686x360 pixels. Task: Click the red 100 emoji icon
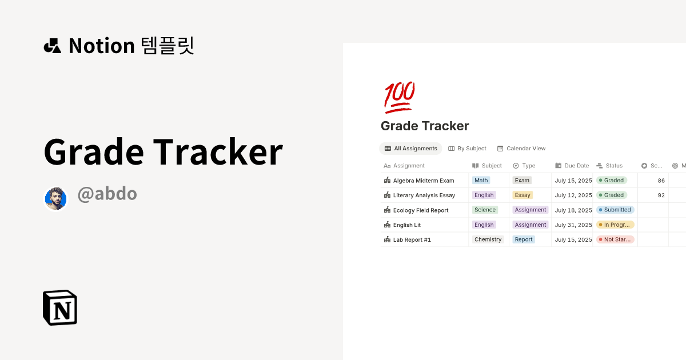point(399,97)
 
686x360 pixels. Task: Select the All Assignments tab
point(410,149)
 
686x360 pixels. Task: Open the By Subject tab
point(467,149)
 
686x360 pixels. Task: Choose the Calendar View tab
point(521,149)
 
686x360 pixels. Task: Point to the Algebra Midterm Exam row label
point(423,181)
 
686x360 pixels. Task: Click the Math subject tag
point(481,181)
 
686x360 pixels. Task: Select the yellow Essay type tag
point(523,195)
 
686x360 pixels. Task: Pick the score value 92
point(661,195)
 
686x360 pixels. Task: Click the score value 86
point(661,181)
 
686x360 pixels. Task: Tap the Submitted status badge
point(615,210)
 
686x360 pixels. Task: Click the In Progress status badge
point(615,225)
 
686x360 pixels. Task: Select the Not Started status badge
point(615,240)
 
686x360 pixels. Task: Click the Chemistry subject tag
point(488,240)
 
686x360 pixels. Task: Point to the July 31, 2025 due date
point(573,225)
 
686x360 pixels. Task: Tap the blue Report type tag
point(523,240)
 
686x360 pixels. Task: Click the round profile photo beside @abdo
point(56,198)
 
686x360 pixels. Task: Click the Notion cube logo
point(60,308)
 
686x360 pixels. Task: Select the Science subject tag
point(485,210)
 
